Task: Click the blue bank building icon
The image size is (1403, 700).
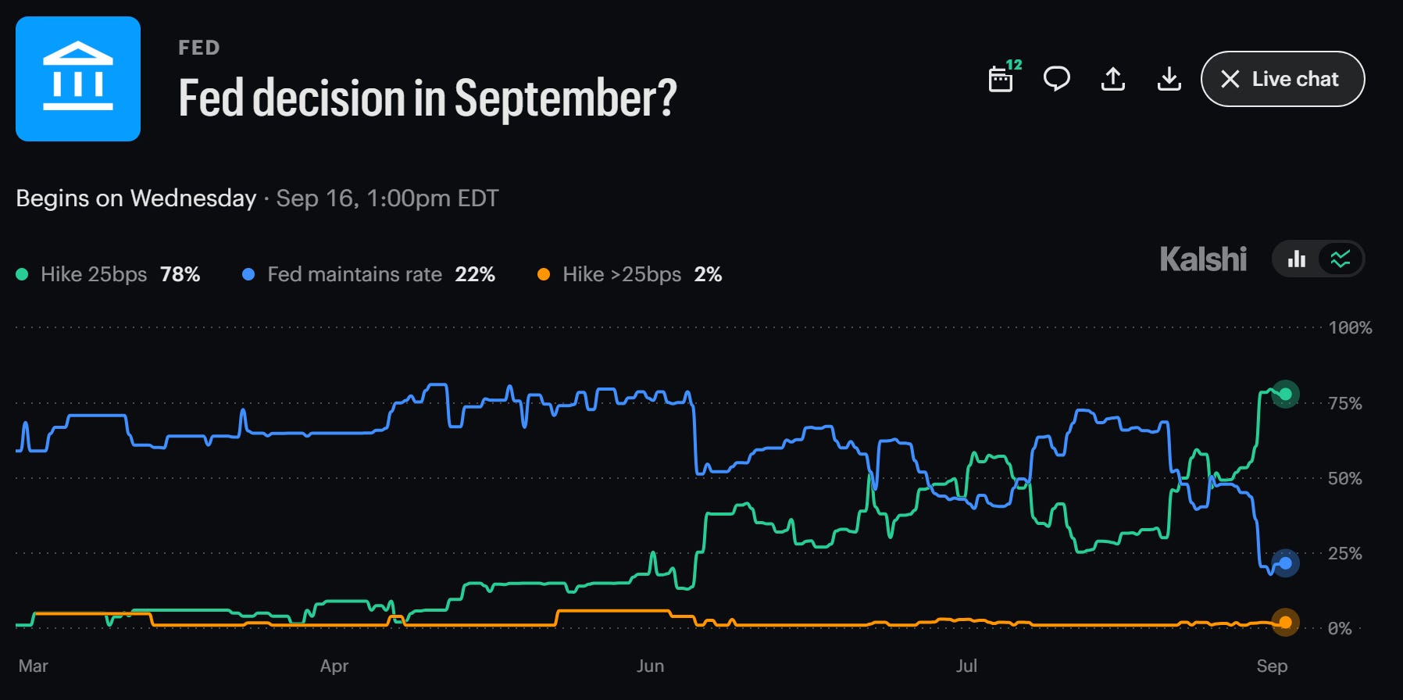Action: pyautogui.click(x=78, y=79)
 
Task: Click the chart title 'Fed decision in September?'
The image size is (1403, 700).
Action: pyautogui.click(x=427, y=98)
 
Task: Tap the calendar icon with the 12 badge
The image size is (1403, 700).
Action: pyautogui.click(x=1003, y=77)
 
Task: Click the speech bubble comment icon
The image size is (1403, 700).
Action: pyautogui.click(x=1057, y=79)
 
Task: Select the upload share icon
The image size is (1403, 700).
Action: pyautogui.click(x=1113, y=79)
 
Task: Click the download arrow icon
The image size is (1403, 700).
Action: pyautogui.click(x=1169, y=79)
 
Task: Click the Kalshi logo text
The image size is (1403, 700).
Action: pyautogui.click(x=1203, y=259)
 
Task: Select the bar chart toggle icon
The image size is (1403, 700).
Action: pyautogui.click(x=1297, y=259)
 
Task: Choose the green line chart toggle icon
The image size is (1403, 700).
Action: pyautogui.click(x=1341, y=259)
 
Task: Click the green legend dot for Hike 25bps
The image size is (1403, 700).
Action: pyautogui.click(x=22, y=274)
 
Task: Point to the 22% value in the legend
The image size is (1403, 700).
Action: pyautogui.click(x=475, y=274)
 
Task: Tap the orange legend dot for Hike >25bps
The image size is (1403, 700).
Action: pyautogui.click(x=544, y=274)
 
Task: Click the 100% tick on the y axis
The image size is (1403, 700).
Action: pyautogui.click(x=1350, y=328)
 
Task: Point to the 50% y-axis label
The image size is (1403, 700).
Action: pyautogui.click(x=1345, y=478)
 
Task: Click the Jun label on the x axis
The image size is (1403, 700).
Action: pyautogui.click(x=650, y=666)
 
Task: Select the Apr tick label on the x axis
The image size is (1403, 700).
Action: pyautogui.click(x=334, y=666)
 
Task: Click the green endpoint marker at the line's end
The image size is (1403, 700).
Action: pyautogui.click(x=1285, y=394)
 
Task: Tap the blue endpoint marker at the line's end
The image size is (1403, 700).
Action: pyautogui.click(x=1285, y=562)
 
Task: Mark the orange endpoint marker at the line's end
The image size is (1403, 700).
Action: pyautogui.click(x=1285, y=622)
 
